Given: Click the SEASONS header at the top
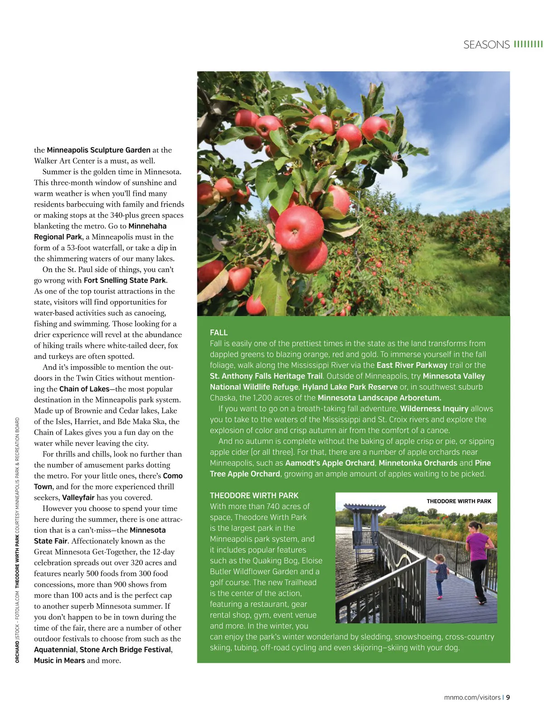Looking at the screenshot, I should coord(486,44).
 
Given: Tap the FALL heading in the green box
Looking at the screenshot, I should coord(219,332).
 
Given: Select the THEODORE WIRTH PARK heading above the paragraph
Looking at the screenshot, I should coord(254,495).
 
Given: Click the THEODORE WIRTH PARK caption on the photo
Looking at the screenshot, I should coord(459,501).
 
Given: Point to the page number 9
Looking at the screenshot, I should coord(508,697).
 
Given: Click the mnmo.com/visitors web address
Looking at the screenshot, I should coord(472,697).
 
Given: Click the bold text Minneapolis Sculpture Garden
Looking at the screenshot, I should coord(98,150).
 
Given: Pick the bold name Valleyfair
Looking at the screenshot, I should coord(78,497).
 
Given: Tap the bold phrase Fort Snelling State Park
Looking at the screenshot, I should coord(125,280).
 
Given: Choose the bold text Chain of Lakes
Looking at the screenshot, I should coord(84,389).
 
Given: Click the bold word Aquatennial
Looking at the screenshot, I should coord(55,650).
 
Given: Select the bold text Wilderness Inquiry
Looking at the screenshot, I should coord(434,408).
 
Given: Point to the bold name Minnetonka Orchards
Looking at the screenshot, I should coord(418,463).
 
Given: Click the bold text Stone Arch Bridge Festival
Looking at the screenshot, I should coord(125,650).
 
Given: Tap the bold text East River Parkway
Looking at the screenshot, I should coord(412,365).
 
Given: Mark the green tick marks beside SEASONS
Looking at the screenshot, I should coord(528,44).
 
